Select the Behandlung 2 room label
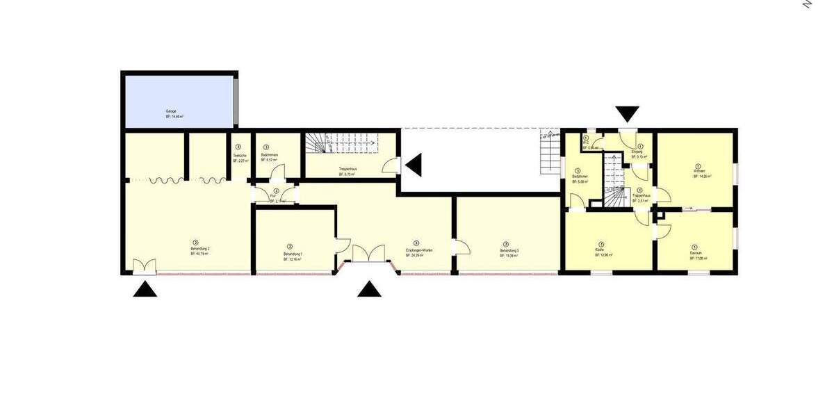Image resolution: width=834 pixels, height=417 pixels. click(199, 251)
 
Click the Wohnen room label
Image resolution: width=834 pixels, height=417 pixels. click(698, 174)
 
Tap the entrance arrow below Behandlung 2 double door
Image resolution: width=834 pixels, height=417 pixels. click(145, 289)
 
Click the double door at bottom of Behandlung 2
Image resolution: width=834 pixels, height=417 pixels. click(145, 266)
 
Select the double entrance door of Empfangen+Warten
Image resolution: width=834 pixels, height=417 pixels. click(369, 254)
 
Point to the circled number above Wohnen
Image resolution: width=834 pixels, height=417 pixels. click(698, 166)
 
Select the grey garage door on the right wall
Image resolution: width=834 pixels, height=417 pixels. click(236, 99)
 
